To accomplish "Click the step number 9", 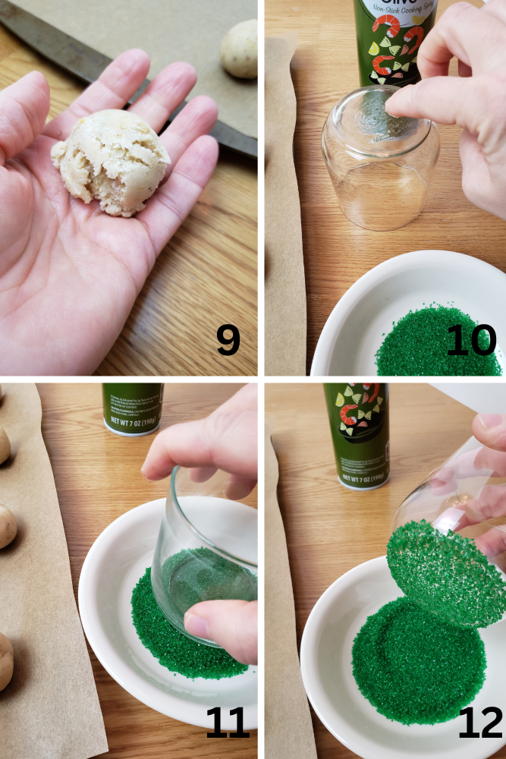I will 228,341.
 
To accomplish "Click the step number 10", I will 470,341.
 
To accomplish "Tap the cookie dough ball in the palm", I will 113,162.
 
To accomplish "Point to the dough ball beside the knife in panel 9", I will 240,49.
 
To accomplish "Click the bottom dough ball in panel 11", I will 5,660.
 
